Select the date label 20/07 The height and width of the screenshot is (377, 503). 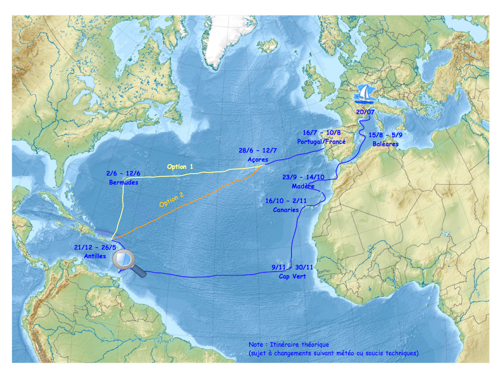point(366,112)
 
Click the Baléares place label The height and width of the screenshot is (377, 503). point(386,144)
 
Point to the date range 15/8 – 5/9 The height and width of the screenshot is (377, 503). point(386,135)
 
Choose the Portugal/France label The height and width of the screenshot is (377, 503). point(321,142)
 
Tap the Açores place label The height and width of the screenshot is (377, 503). point(258,159)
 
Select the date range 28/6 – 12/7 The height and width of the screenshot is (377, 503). point(258,151)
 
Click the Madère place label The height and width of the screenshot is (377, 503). point(303,186)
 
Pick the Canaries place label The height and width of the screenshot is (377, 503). point(286,210)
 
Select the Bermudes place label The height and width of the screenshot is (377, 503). point(124,182)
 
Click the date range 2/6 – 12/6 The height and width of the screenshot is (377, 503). point(123,173)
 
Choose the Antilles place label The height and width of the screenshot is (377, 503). point(88,256)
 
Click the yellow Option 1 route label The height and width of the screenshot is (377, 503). point(180,166)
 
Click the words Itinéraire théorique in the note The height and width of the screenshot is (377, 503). point(299,345)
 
